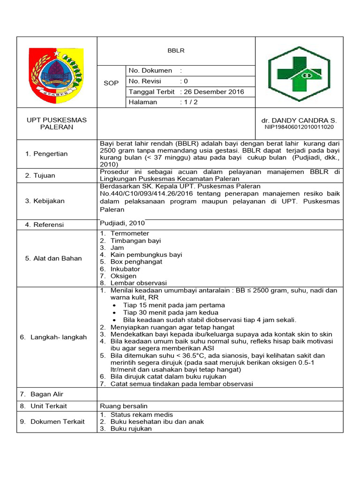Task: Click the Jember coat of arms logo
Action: (x=56, y=72)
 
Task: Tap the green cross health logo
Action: (x=299, y=74)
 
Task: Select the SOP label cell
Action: (x=111, y=83)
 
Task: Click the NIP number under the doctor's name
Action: (x=299, y=127)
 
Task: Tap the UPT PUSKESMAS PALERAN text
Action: (x=56, y=123)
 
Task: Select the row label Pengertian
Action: (x=50, y=154)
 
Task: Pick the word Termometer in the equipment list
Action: (x=130, y=233)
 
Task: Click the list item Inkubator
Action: (x=125, y=269)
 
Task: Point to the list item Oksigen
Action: (x=123, y=276)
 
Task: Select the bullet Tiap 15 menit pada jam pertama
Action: (x=174, y=305)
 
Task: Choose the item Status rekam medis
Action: (x=142, y=414)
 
